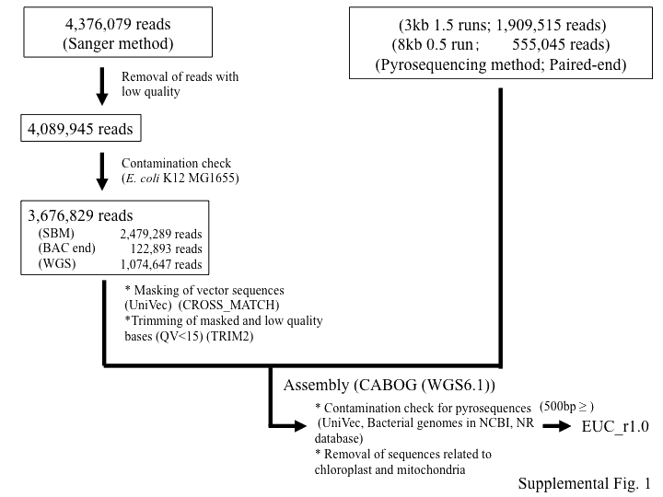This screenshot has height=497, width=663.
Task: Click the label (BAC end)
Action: pos(63,248)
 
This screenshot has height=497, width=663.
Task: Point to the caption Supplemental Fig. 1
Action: pos(584,483)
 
